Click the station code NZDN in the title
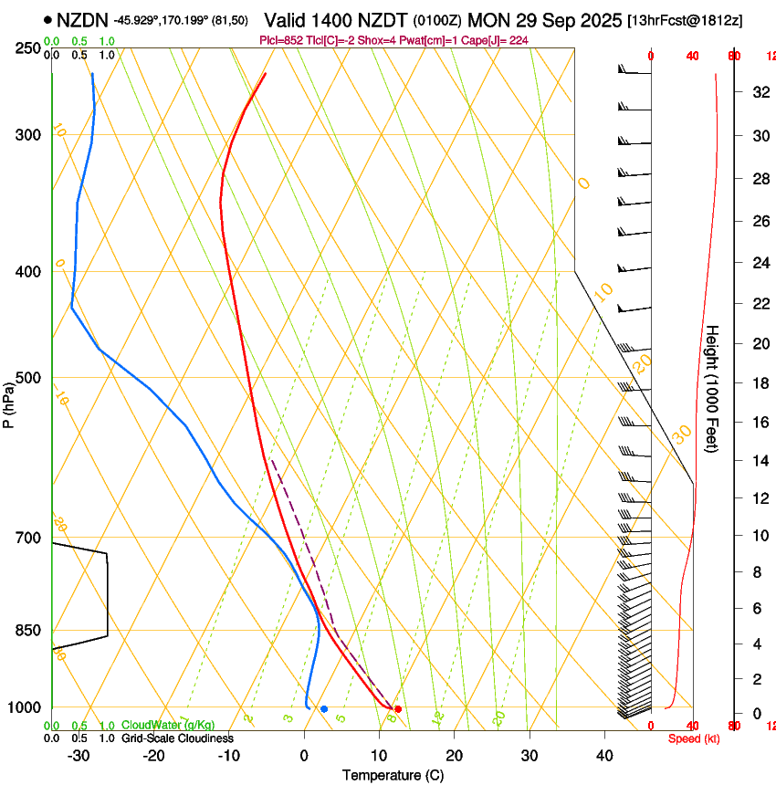click(81, 20)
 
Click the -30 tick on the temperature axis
click(79, 756)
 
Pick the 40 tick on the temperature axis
click(604, 756)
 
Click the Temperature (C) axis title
click(393, 775)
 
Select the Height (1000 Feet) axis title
click(713, 388)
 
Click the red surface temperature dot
click(398, 708)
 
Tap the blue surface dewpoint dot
click(324, 708)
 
